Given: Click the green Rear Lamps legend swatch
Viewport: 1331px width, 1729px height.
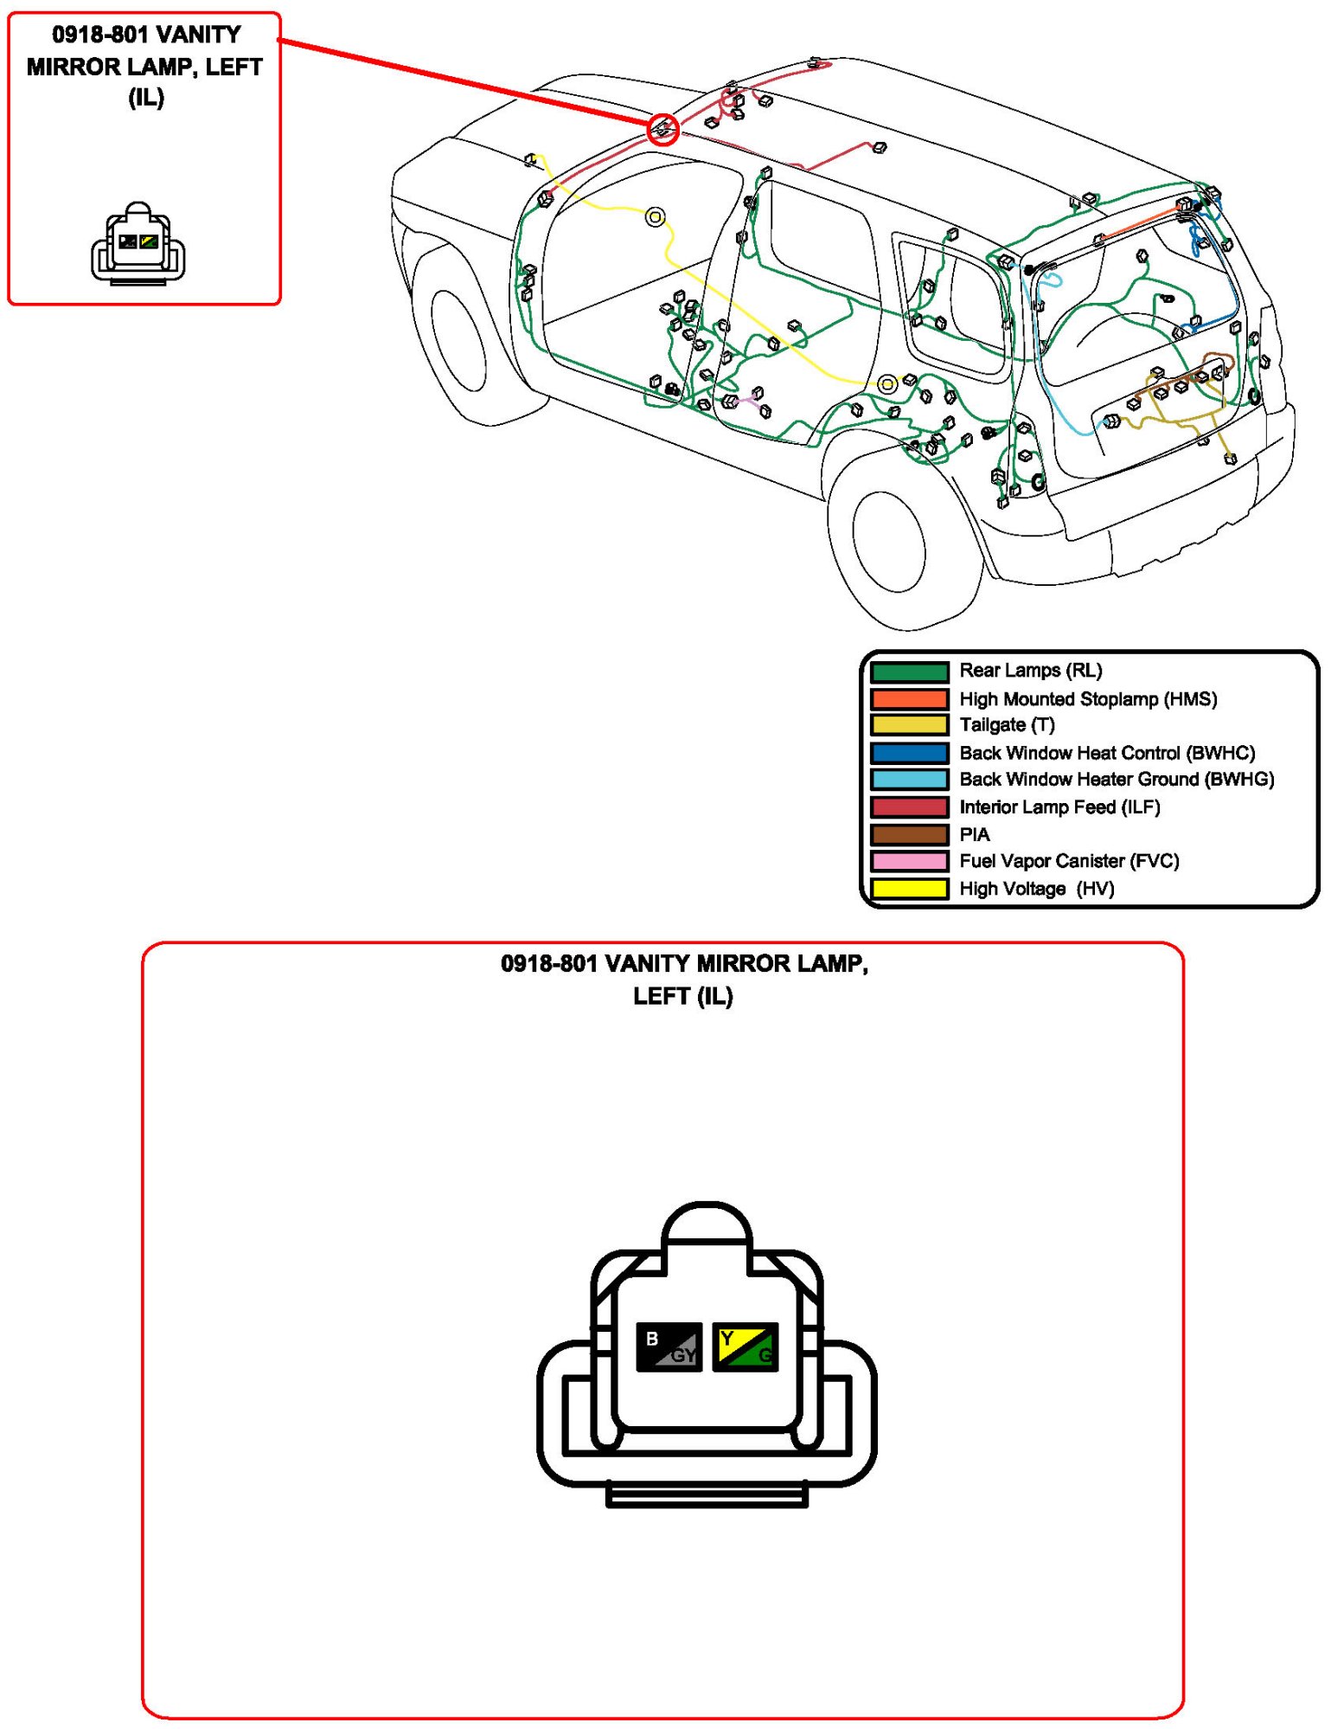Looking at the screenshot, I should point(908,672).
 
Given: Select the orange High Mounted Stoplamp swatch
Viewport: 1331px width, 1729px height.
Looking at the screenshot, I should point(908,699).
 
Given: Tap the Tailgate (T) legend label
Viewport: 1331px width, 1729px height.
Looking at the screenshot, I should point(1007,725).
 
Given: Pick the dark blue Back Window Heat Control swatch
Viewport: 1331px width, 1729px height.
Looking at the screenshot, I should point(908,753).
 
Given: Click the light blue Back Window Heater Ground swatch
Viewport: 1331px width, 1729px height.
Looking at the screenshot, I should point(908,780).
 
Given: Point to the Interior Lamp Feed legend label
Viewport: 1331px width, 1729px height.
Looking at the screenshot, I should point(1059,807).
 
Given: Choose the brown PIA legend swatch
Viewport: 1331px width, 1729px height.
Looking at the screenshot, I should point(908,835).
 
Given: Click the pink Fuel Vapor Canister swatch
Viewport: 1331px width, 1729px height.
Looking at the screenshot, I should point(908,861).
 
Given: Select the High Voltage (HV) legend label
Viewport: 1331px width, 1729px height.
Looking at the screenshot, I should point(1036,889).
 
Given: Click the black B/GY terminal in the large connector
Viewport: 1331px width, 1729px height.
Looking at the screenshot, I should point(669,1347).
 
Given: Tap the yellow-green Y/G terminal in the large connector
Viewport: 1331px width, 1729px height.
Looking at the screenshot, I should point(745,1347).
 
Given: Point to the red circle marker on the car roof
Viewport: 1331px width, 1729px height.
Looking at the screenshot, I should point(662,129).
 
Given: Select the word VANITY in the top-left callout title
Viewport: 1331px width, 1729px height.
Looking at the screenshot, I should point(200,35).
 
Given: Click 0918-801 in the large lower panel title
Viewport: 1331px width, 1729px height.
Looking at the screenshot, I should point(548,963).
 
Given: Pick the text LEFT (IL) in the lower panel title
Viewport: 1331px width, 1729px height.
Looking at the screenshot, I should point(682,996).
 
